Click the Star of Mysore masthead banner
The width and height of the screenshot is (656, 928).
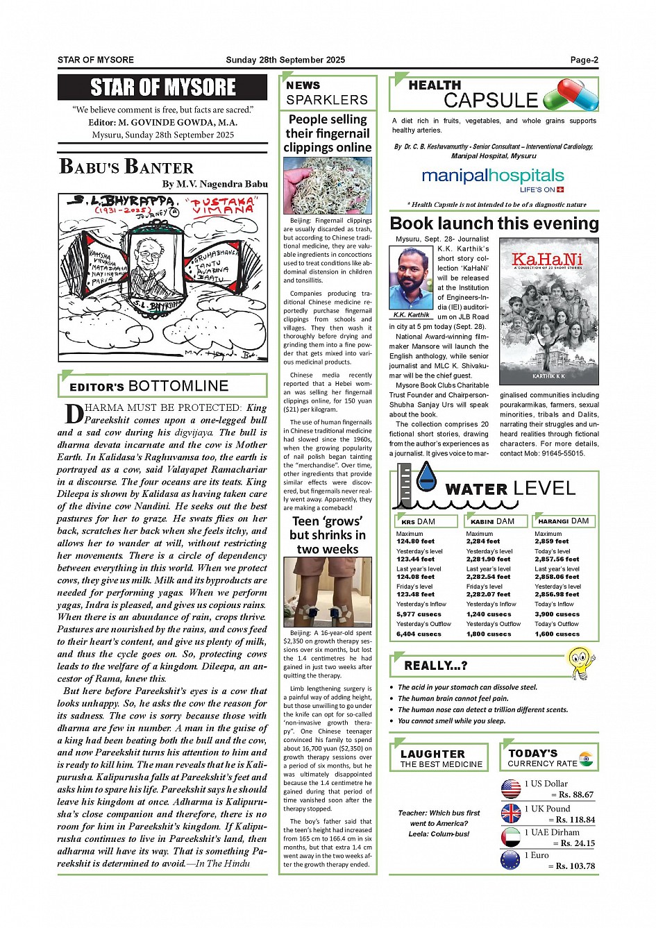[x=162, y=87]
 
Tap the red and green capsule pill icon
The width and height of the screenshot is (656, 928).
[x=571, y=95]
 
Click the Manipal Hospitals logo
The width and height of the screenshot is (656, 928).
[x=493, y=179]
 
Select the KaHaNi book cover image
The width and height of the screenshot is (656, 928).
[x=548, y=312]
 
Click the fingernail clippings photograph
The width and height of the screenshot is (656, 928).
[x=328, y=185]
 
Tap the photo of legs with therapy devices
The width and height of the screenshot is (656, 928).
[x=328, y=592]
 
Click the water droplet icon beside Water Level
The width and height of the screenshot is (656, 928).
[x=426, y=478]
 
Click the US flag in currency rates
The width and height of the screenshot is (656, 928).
[x=511, y=788]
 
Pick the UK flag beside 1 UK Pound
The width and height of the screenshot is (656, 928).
[x=511, y=813]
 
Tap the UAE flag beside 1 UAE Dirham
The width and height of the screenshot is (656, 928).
[x=511, y=836]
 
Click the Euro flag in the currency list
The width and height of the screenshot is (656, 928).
[x=511, y=861]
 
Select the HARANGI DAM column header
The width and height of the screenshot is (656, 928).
[x=563, y=521]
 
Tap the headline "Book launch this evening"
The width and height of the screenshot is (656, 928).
[x=494, y=223]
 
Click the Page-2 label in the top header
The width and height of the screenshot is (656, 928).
[x=584, y=60]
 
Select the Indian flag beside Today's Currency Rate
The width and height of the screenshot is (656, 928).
[x=586, y=758]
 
